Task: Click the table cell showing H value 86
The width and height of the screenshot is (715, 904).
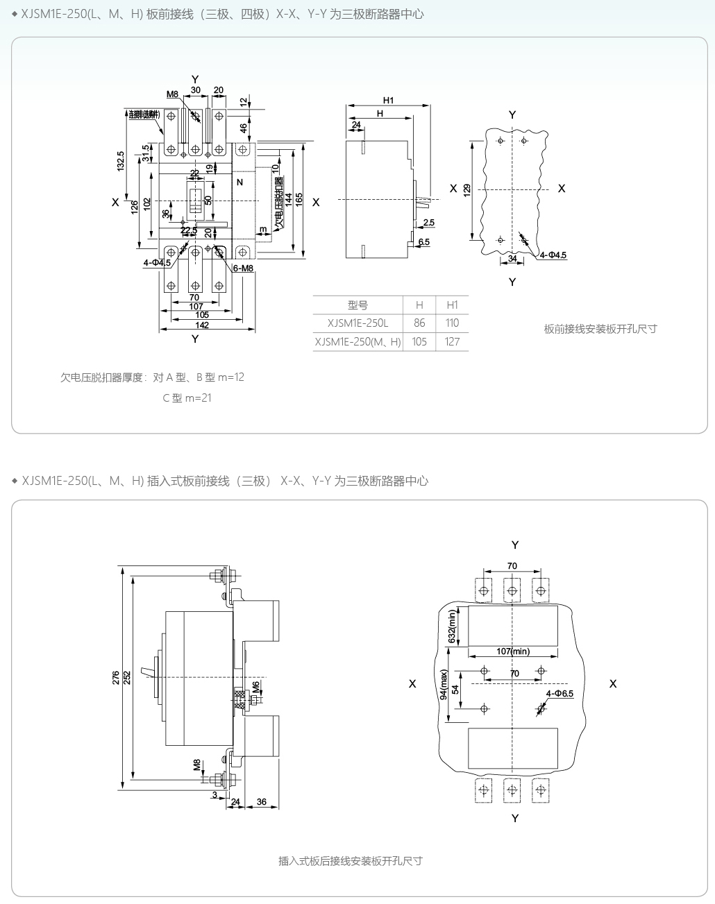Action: [x=419, y=323]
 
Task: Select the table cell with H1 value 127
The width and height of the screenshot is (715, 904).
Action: [x=453, y=341]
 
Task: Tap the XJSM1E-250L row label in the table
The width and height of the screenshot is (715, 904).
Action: [x=357, y=323]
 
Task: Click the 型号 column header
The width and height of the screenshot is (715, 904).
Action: [x=357, y=305]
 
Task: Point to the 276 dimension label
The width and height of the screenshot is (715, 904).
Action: [x=116, y=678]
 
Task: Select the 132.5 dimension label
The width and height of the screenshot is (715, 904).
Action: [x=121, y=161]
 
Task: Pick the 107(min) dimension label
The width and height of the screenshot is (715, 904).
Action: [x=513, y=651]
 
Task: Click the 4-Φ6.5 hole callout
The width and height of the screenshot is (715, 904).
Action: [x=560, y=694]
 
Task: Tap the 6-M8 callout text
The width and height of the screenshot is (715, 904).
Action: [x=243, y=268]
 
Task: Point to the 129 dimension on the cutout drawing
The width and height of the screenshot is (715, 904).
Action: [x=467, y=189]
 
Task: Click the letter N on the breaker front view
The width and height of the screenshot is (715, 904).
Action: [x=239, y=182]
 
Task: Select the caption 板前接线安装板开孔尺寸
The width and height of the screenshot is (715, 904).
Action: [x=600, y=329]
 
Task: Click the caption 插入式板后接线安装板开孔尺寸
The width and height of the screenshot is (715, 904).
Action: [x=351, y=861]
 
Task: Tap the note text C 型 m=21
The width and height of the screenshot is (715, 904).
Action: [x=187, y=398]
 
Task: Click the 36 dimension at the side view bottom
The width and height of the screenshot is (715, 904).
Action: [x=261, y=802]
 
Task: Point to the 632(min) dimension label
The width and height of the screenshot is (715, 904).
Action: [x=452, y=626]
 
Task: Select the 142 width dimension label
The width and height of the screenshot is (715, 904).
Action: [x=202, y=325]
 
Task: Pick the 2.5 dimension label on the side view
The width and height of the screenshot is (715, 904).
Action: [x=428, y=223]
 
